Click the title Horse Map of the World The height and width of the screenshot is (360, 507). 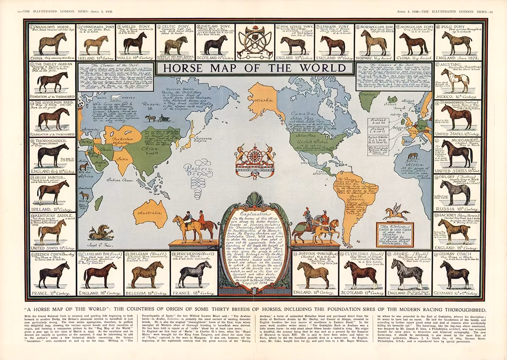point(243,68)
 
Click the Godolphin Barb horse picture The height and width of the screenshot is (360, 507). point(53,118)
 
